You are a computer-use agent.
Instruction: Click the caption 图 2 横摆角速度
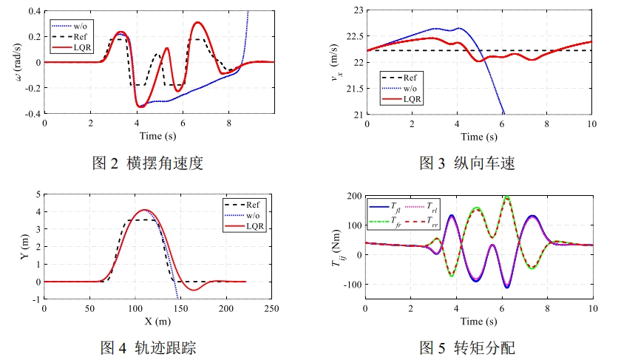click(147, 163)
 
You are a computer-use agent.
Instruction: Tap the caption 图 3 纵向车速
click(467, 163)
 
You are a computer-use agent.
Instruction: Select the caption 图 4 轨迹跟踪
click(148, 347)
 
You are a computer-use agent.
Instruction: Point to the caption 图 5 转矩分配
click(467, 347)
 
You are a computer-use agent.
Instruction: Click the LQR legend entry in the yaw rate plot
click(71, 47)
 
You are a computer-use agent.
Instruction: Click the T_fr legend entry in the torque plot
click(385, 223)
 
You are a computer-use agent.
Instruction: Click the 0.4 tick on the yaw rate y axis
click(35, 11)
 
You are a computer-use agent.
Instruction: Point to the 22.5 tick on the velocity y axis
click(354, 36)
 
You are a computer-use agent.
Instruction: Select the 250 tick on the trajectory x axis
click(272, 308)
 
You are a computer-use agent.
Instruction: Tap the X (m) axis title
click(157, 321)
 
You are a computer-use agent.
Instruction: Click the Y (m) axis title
click(24, 247)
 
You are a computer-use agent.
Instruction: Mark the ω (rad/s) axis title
click(18, 62)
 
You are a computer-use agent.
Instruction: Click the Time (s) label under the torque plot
click(478, 321)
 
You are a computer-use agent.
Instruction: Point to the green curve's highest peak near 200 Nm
click(506, 197)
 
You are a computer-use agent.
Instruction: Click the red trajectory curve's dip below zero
click(194, 290)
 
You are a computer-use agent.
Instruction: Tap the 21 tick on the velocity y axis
click(358, 115)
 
